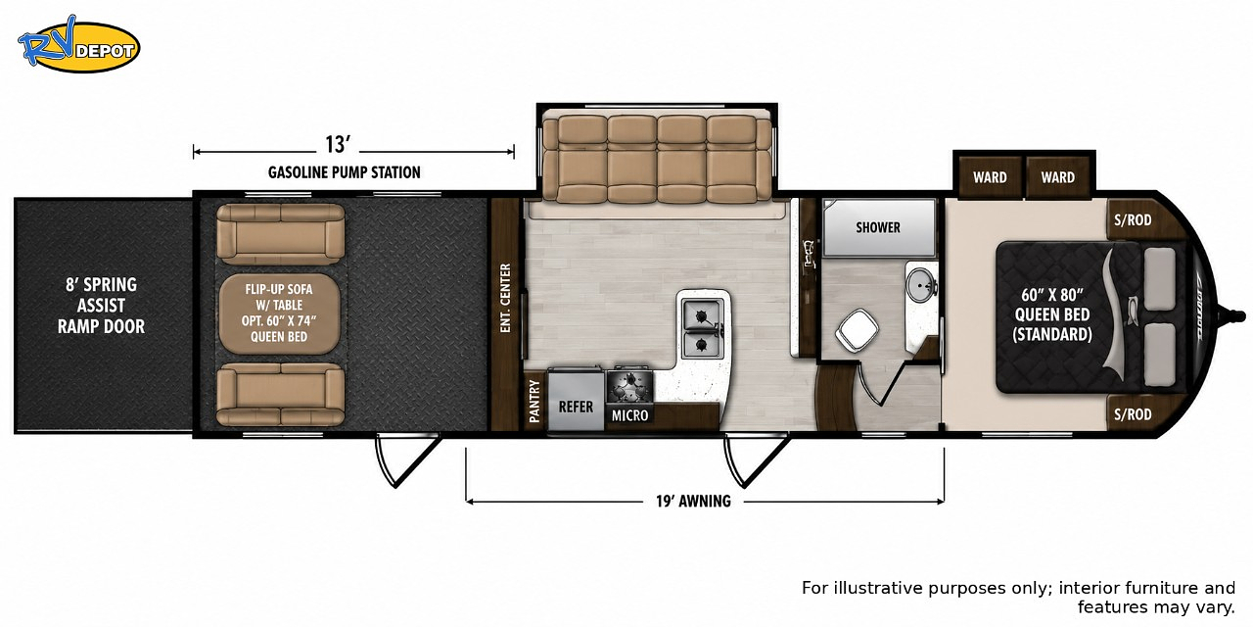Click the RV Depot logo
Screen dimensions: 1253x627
[x=78, y=45]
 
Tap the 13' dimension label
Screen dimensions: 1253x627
[x=338, y=145]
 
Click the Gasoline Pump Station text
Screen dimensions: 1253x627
[x=344, y=172]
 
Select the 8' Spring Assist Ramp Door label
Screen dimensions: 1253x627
[x=101, y=306]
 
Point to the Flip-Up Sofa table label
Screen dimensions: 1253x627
[x=279, y=313]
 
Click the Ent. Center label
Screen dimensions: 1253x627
[x=506, y=299]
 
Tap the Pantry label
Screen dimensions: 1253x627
[x=534, y=402]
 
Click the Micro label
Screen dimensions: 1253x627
[x=629, y=415]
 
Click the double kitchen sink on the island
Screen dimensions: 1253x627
[x=703, y=328]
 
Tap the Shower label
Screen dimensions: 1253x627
[x=878, y=227]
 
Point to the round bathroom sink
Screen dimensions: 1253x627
[x=921, y=285]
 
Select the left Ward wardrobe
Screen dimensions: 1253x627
[x=990, y=177]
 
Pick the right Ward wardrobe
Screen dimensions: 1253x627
[x=1058, y=177]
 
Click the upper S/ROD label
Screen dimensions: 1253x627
[x=1133, y=220]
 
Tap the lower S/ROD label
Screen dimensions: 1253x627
[x=1133, y=414]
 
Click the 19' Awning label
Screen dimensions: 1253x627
[x=693, y=501]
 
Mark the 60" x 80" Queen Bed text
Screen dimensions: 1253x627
[x=1052, y=314]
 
